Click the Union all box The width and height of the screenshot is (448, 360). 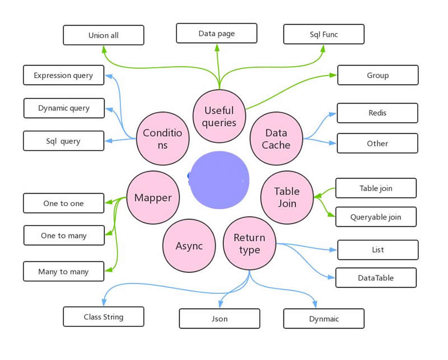[x=103, y=35]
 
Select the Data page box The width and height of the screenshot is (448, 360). [x=216, y=34]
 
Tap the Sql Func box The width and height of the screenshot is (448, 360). [x=324, y=35]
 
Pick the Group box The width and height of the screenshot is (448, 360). [x=377, y=75]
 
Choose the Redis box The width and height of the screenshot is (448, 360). [x=377, y=113]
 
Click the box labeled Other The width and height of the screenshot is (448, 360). [x=377, y=143]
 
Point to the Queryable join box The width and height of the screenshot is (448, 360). [x=376, y=217]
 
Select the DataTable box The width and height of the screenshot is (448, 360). [x=376, y=278]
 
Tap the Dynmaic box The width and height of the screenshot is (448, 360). [x=324, y=319]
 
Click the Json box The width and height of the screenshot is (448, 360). [x=219, y=319]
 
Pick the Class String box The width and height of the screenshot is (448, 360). [x=103, y=317]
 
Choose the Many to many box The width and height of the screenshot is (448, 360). [x=63, y=272]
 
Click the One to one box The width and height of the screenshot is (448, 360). [x=63, y=203]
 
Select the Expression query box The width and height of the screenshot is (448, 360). [x=63, y=75]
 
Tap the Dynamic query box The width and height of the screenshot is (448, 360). [x=64, y=108]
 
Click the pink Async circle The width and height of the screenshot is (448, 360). [x=189, y=246]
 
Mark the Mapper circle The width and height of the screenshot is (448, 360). [x=153, y=198]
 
